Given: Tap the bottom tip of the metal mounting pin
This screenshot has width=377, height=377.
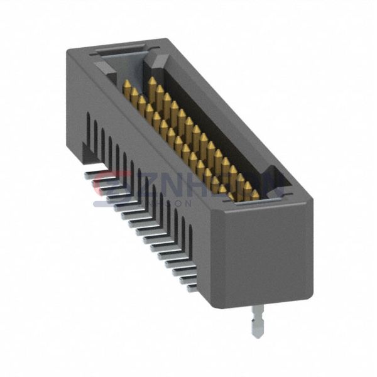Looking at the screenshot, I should (258, 334).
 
